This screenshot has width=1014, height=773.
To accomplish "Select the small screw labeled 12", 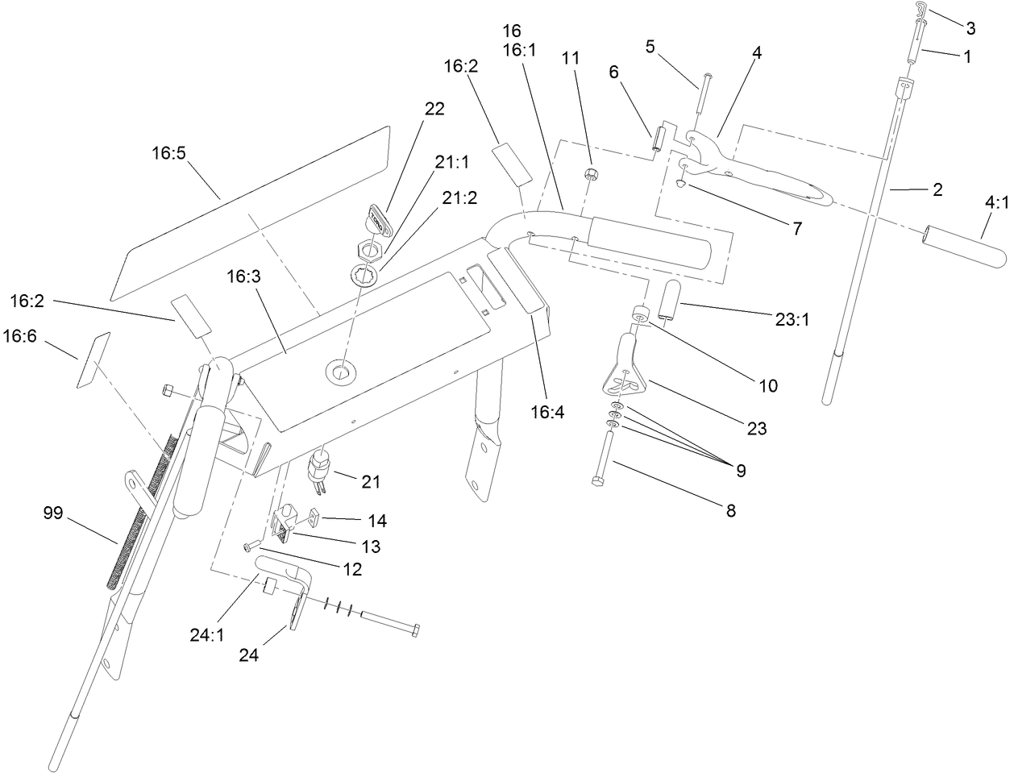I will click(248, 547).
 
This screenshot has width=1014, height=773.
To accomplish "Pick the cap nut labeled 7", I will click(682, 184).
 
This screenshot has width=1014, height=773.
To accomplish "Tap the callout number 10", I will click(768, 385).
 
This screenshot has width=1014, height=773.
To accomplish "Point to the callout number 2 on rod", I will click(937, 190).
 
